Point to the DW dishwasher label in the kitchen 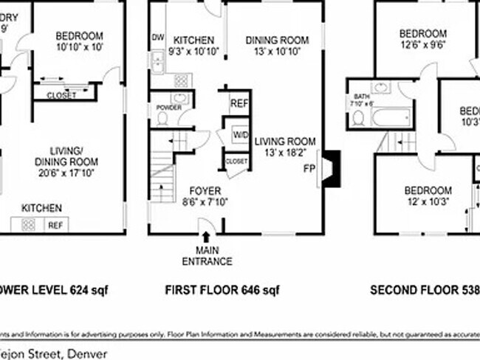157,38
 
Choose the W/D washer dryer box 240,135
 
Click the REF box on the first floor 239,104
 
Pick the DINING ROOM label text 275,41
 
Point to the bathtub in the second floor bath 391,117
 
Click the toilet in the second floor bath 357,118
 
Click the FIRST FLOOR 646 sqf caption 222,290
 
